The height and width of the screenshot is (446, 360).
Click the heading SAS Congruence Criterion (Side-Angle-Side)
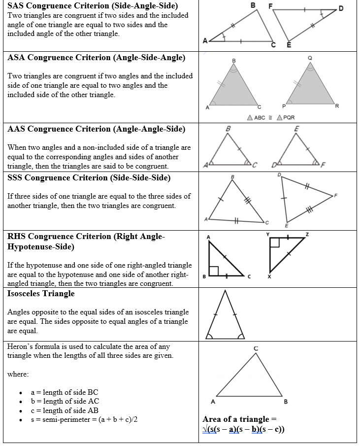[93, 6]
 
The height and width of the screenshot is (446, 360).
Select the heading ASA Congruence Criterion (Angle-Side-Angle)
[97, 58]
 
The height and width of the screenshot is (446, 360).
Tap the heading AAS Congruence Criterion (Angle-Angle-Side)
[97, 129]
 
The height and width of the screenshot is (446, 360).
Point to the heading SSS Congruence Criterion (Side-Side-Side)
[89, 177]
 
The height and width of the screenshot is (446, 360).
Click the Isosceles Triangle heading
[41, 294]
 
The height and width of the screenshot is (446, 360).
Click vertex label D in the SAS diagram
[341, 9]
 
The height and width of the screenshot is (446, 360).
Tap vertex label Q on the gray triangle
[310, 58]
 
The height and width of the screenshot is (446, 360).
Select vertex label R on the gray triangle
[337, 106]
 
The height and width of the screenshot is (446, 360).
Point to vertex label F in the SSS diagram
[336, 196]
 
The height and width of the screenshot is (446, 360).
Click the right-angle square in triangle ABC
[214, 271]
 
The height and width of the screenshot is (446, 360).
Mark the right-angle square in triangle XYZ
[275, 242]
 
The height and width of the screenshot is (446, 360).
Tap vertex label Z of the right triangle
[307, 234]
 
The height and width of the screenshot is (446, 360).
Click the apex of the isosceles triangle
[225, 291]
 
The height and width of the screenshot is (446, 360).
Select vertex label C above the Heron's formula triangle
[256, 348]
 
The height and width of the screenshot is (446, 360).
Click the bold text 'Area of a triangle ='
[236, 419]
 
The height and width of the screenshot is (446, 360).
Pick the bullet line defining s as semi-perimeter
[84, 419]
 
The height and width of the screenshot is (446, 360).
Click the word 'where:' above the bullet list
[18, 374]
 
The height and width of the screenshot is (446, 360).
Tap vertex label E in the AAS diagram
[296, 128]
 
